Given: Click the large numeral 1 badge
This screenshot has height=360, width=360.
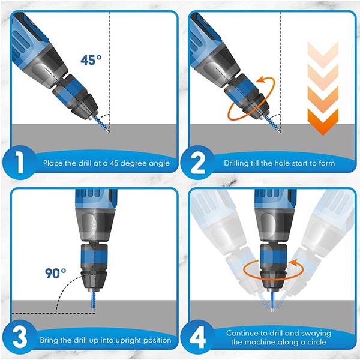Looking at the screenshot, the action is tap(20, 163).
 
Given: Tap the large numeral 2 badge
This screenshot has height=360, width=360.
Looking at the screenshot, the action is tap(197, 163).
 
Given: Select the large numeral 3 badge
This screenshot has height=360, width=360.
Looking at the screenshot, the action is tap(20, 337).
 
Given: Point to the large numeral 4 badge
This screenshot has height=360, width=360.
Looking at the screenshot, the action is tap(197, 337).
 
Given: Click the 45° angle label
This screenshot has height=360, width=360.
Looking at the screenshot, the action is tap(91, 60).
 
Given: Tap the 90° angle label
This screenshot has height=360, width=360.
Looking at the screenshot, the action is tap(55, 273).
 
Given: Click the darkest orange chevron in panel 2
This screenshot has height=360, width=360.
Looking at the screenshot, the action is tap(323, 122).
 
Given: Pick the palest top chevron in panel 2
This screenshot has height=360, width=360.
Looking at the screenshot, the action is tap(323, 55).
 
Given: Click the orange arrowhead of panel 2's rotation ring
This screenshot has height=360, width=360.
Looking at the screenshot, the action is tap(260, 80).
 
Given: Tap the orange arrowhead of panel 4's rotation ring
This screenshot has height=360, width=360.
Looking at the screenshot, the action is tap(293, 263).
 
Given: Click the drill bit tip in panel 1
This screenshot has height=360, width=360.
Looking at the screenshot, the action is tap(109, 131).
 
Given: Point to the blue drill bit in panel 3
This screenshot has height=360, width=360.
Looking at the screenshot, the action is tap(93, 301).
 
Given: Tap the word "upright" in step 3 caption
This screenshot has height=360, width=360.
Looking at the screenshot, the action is tap(128, 340).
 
